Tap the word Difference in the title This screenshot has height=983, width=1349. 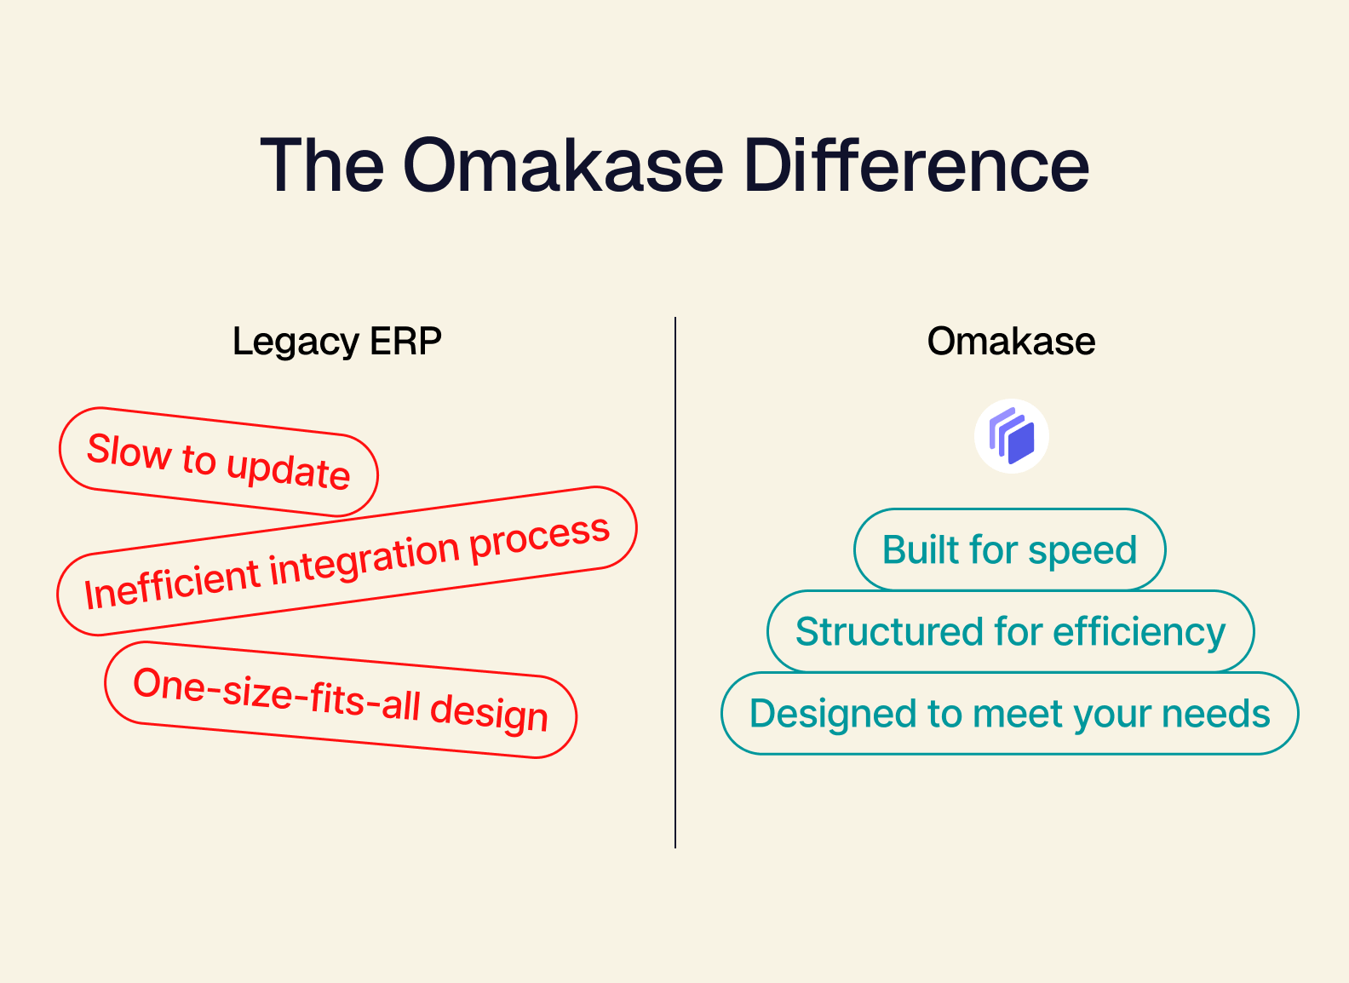point(916,165)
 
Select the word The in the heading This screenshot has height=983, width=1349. point(322,165)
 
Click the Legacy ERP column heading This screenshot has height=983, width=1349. point(336,342)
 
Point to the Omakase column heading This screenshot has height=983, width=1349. point(1011,342)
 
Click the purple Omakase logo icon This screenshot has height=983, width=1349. point(1011,436)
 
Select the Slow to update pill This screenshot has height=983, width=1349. point(218,462)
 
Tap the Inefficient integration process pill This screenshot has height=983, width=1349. point(347,560)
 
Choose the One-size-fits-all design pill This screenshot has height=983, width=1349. point(341,699)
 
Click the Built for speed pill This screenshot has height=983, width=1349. point(1009,549)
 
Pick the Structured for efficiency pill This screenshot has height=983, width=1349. point(1010,631)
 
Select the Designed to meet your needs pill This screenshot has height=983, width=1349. point(1009,713)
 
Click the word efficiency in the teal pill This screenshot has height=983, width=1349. point(1139,632)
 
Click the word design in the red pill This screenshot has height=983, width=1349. point(488,712)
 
